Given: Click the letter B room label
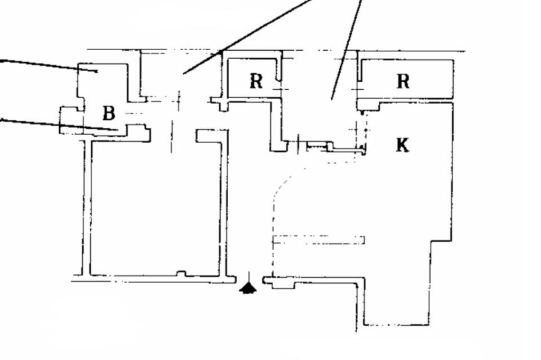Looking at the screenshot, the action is tap(109, 113).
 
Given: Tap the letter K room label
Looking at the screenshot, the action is tap(403, 145).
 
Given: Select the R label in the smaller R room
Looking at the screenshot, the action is tap(256, 81).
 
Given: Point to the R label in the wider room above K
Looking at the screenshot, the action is tap(403, 81).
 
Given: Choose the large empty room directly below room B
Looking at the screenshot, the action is tap(155, 207).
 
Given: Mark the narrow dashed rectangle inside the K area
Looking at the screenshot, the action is tap(319, 240).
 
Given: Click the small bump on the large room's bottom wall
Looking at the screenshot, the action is tap(181, 274).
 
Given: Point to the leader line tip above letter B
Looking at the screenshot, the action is tap(97, 72).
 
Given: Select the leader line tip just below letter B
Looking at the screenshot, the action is tap(118, 130).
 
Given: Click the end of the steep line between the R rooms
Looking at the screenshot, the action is tap(332, 99).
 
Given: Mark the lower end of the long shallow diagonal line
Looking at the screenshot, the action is tap(183, 73).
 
